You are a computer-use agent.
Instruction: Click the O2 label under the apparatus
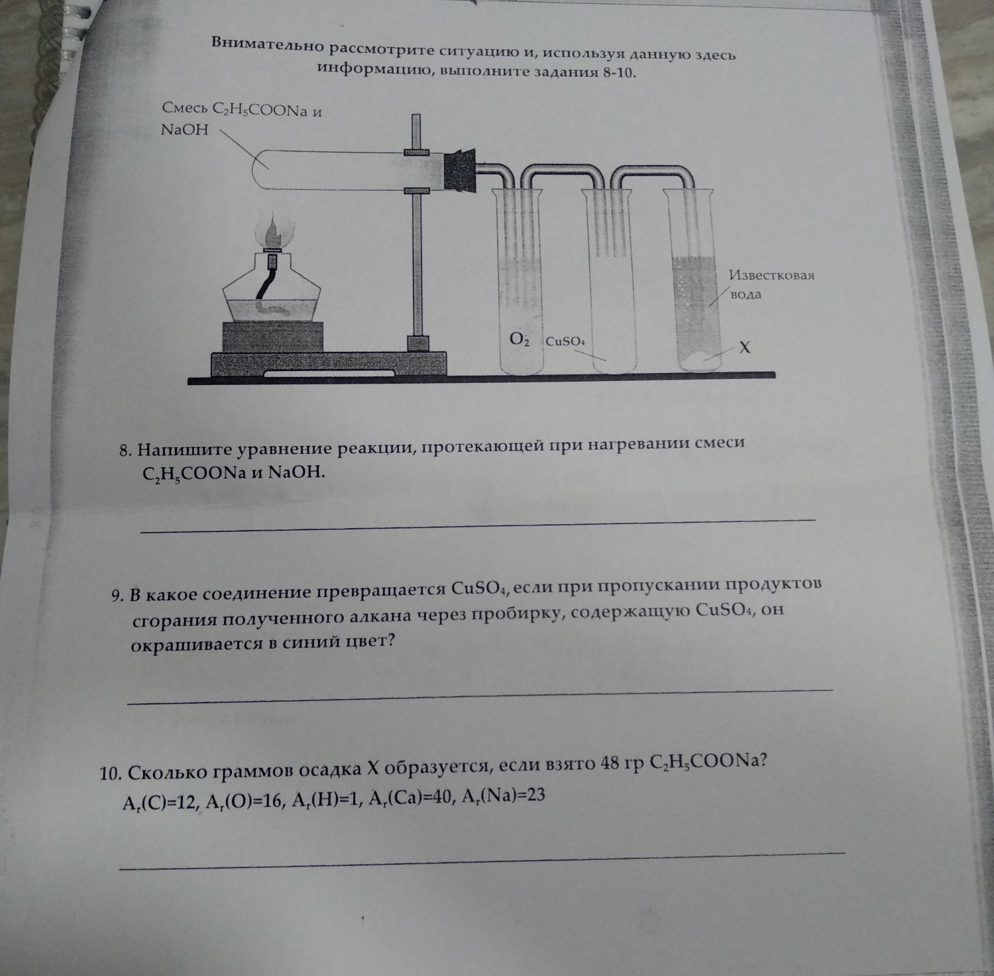520,339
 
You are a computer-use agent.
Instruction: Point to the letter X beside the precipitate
744,347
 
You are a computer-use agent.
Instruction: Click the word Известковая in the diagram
771,275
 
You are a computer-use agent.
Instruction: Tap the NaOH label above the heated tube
185,131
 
